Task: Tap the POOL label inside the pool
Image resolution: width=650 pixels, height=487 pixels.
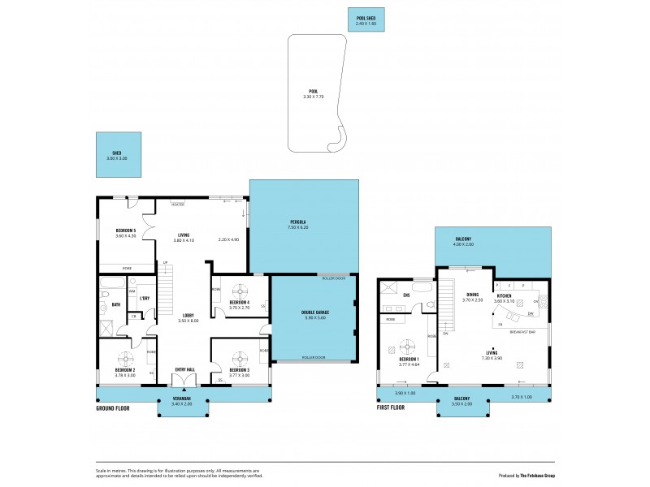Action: pyautogui.click(x=313, y=91)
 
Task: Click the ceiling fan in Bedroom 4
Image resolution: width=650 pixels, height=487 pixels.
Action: pyautogui.click(x=240, y=290)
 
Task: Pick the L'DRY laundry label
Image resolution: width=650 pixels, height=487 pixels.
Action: pyautogui.click(x=145, y=299)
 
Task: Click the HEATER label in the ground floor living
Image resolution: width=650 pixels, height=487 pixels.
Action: pyautogui.click(x=177, y=204)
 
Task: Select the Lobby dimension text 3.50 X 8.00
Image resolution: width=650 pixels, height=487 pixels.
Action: pyautogui.click(x=188, y=321)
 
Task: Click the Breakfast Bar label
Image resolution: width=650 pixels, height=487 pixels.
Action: pyautogui.click(x=520, y=332)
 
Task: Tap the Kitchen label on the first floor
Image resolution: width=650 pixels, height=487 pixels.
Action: pyautogui.click(x=505, y=295)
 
